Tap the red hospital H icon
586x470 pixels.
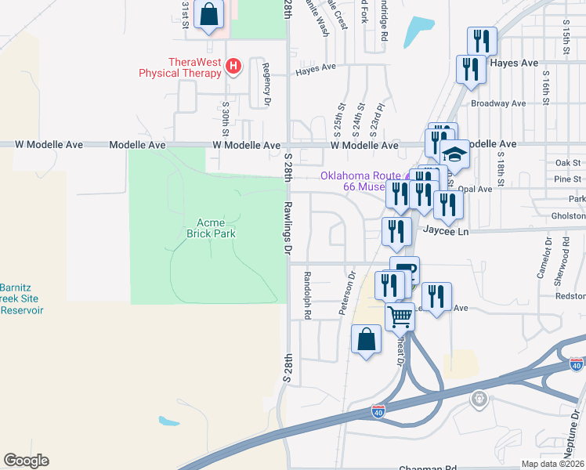(233, 66)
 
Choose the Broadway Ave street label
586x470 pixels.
(497, 103)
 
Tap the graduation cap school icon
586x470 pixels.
(454, 155)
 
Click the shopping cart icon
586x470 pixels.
(400, 316)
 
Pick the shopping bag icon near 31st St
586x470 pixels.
(208, 13)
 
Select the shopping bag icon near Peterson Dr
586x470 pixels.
(366, 339)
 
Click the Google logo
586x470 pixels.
(26, 461)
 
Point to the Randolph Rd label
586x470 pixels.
(308, 295)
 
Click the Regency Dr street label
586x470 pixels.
(266, 85)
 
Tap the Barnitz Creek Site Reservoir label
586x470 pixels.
(21, 298)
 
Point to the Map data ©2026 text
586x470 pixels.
(552, 464)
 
